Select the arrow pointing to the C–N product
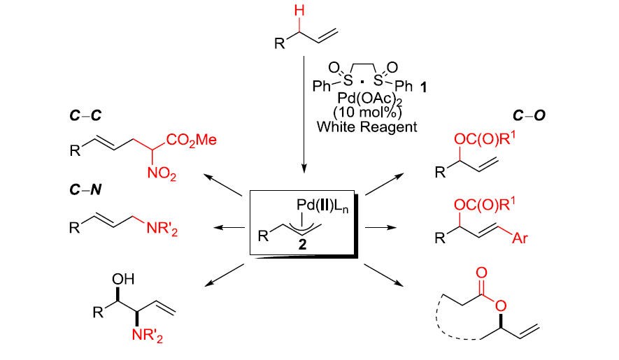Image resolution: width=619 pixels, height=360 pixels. point(228,226)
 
